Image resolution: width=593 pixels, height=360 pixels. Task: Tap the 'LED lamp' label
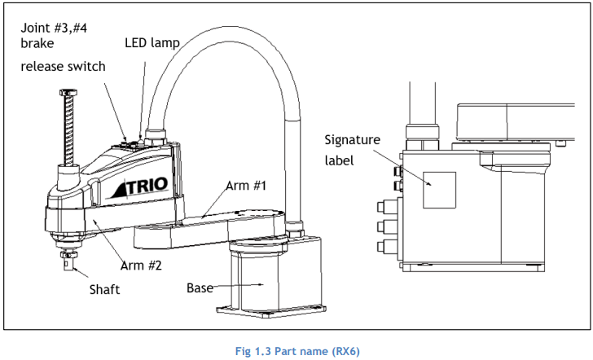152,42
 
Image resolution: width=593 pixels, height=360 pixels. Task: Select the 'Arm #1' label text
246,186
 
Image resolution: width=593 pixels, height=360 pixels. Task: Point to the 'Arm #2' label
141,266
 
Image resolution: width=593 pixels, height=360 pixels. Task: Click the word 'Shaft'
104,290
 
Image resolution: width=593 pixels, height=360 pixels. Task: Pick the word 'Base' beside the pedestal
200,288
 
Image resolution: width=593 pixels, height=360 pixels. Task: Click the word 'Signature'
352,140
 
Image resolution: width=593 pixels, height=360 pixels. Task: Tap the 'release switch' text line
64,66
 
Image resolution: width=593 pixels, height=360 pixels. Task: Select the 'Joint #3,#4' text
54,28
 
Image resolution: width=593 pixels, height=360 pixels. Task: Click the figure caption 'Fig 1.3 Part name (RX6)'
297,351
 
